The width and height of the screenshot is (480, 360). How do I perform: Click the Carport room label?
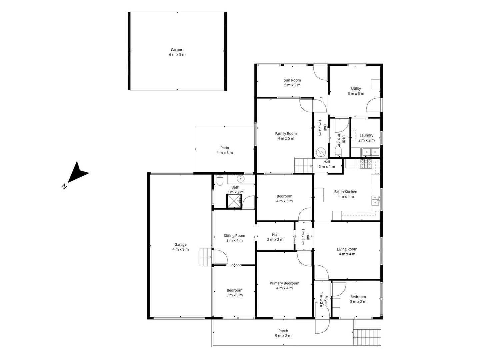tap(177, 50)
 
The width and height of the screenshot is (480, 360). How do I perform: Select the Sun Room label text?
tap(292, 80)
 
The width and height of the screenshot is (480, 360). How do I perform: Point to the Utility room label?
tap(356, 89)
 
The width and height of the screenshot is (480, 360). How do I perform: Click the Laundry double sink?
tap(371, 152)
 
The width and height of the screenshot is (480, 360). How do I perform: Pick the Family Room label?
tap(286, 134)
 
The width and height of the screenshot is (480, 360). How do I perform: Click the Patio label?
tap(225, 148)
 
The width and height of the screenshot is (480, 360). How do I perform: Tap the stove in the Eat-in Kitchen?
tap(366, 163)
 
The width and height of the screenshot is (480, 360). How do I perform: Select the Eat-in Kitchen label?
tap(346, 192)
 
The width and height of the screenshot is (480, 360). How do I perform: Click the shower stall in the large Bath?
tap(234, 201)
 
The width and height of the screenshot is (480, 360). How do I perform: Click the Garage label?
tap(181, 245)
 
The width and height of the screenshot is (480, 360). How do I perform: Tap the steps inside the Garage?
tap(206, 257)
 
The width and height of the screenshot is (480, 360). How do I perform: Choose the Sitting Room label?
tap(234, 236)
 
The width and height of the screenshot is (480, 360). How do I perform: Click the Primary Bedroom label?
tap(284, 283)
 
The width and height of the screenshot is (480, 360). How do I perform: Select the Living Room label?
tap(347, 249)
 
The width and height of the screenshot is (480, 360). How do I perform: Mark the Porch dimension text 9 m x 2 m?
tap(283, 336)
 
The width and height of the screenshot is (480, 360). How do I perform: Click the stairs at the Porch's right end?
tap(367, 337)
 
